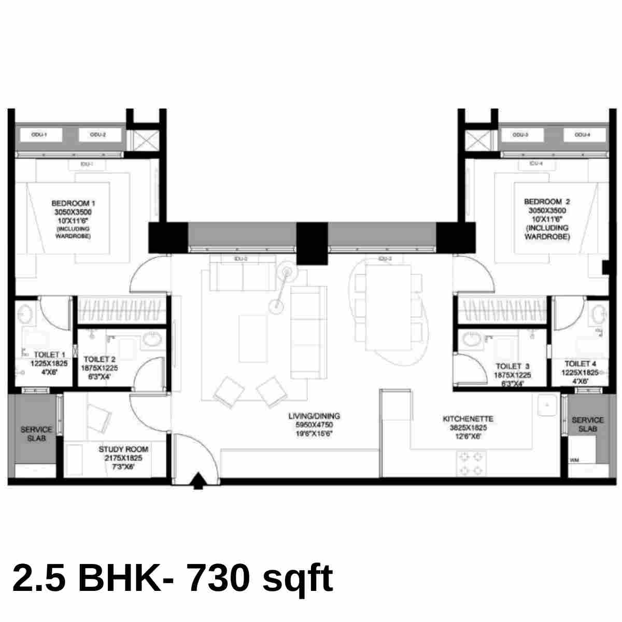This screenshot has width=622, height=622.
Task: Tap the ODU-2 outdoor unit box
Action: (99, 135)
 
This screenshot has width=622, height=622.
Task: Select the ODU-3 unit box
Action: (520, 135)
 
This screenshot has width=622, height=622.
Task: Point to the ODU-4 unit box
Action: (582, 135)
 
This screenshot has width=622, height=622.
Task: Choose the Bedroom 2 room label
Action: (547, 202)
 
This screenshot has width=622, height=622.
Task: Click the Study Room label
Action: (123, 449)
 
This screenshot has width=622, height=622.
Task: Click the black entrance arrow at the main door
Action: (197, 482)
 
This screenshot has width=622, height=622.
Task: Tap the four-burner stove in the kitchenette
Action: (471, 463)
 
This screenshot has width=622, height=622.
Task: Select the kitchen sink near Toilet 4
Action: (546, 405)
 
